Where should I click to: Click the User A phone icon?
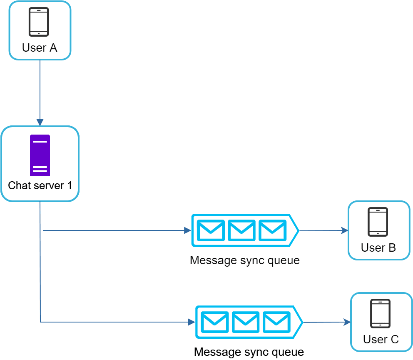(x=39, y=22)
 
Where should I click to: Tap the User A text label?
(x=40, y=48)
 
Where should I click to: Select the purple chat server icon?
(x=40, y=155)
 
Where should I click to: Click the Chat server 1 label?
(x=40, y=185)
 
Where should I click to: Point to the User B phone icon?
(x=378, y=222)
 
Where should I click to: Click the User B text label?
(x=378, y=248)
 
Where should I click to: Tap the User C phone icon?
(x=381, y=313)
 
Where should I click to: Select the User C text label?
(x=381, y=340)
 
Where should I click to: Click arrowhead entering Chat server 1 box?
(x=40, y=122)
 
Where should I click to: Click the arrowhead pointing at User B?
(x=345, y=230)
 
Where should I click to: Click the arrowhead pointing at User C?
(x=347, y=322)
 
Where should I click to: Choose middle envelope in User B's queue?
(x=241, y=230)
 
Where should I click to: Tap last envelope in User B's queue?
(x=272, y=230)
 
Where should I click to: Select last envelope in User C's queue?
(x=276, y=322)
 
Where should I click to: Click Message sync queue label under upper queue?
(x=245, y=261)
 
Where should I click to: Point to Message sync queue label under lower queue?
(x=249, y=352)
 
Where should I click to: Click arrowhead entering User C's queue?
(x=192, y=322)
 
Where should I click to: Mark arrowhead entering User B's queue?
(x=188, y=230)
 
